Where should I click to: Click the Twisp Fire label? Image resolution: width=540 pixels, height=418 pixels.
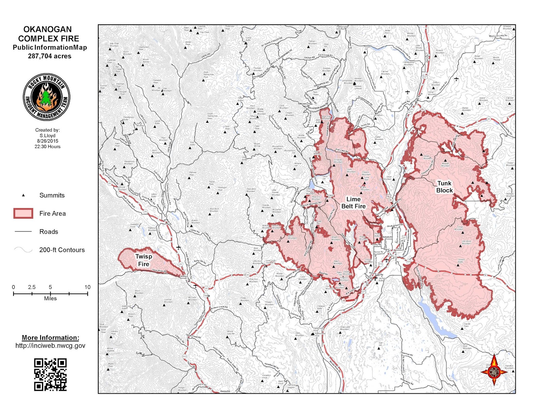point(143,260)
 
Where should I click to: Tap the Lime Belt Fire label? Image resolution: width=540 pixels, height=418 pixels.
point(353,203)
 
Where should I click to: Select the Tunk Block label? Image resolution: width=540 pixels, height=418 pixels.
point(444,187)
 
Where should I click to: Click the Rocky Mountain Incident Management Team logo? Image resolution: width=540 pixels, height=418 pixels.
point(47,97)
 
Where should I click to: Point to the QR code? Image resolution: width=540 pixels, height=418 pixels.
point(50,375)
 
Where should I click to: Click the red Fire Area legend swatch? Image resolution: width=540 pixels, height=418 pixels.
point(23,213)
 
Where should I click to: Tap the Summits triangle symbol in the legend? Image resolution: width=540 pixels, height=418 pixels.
point(23,195)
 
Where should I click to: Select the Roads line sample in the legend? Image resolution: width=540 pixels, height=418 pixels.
point(23,231)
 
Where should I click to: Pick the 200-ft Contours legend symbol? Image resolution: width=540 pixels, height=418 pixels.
point(23,250)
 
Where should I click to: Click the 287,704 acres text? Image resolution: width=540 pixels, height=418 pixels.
point(50,56)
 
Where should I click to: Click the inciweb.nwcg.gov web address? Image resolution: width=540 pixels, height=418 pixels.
point(50,346)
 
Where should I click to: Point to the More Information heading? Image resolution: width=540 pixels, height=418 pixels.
point(50,338)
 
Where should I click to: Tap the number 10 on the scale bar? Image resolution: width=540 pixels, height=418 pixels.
point(87,287)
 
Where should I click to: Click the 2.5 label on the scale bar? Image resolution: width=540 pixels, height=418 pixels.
point(32,287)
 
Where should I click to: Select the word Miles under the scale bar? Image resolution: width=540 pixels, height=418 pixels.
point(50,299)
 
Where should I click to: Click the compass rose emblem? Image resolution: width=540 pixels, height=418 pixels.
point(494,371)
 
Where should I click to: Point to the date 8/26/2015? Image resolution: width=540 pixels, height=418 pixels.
point(48,141)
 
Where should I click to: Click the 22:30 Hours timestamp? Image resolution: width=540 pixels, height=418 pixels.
point(48,147)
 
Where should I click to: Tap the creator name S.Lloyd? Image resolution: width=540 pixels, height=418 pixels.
point(48,136)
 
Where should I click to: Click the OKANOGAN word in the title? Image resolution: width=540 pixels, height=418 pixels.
point(48,29)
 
